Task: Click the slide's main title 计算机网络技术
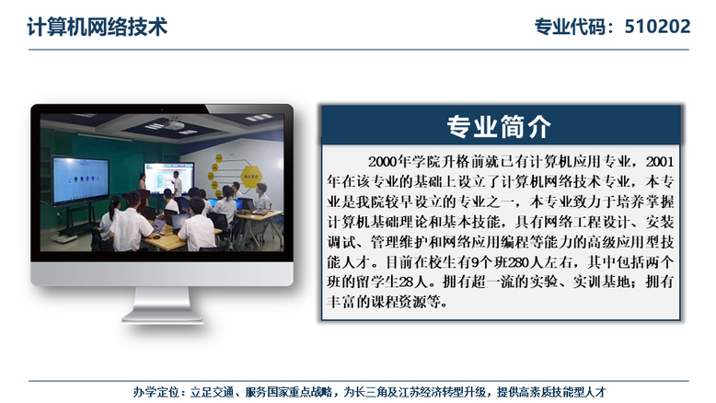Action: pos(98,27)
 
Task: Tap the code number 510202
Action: pos(657,27)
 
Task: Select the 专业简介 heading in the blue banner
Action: pos(499,126)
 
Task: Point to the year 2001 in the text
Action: pos(660,162)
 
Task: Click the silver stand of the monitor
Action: pos(163,305)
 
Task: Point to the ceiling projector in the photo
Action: pos(174,124)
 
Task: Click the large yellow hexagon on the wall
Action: pos(250,176)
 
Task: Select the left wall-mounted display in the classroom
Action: pos(80,180)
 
